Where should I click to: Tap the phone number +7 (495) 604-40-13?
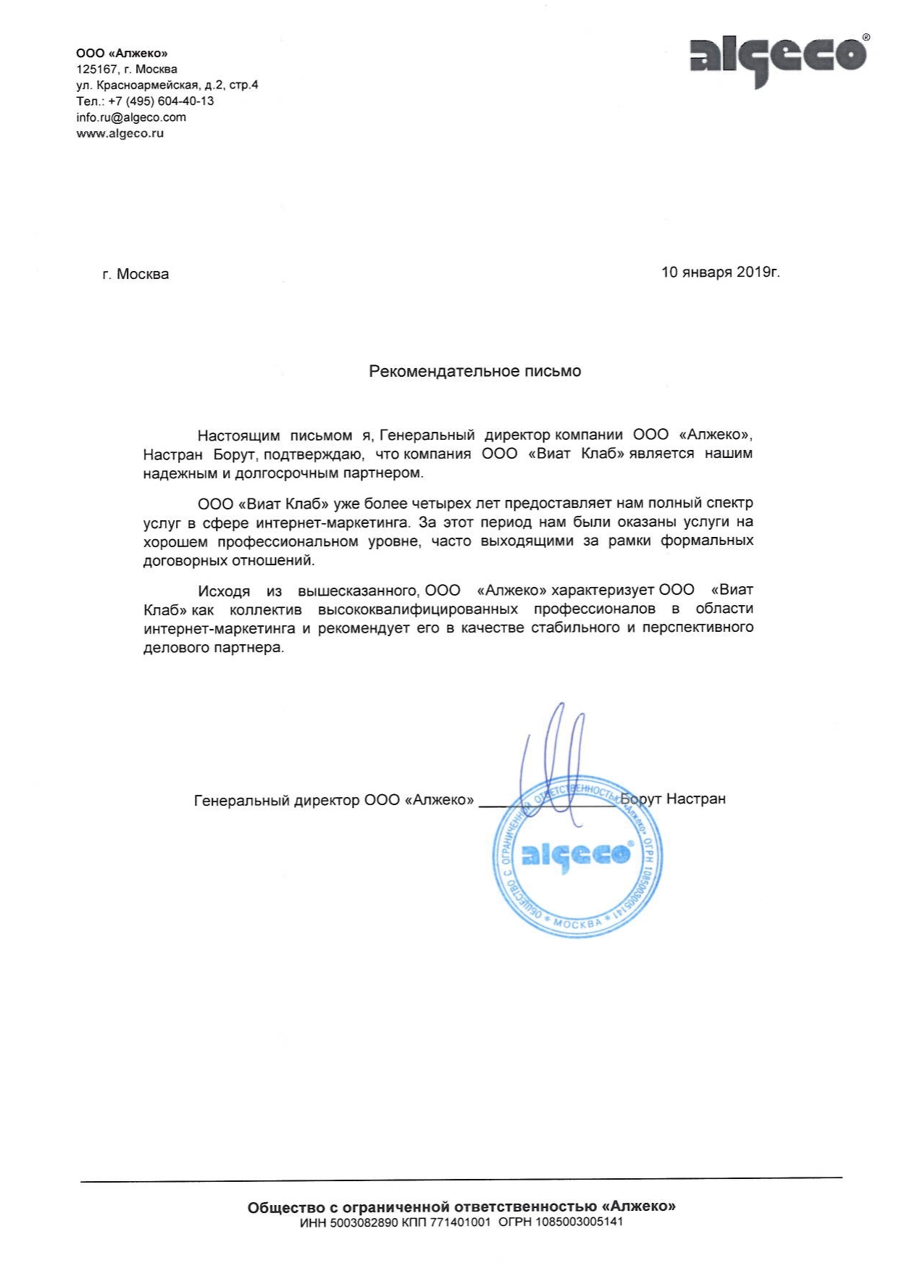coord(161,101)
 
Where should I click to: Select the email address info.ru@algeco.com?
coord(131,117)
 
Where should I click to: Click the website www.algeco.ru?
coord(120,133)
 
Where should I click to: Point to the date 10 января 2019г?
coord(720,272)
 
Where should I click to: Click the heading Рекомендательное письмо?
coord(474,372)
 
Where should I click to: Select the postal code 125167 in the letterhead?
coord(96,70)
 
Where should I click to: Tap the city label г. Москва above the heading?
coord(135,275)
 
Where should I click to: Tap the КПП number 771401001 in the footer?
coord(460,1222)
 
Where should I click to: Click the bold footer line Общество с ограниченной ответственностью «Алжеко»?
coord(461,1207)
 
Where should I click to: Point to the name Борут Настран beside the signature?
coord(674,799)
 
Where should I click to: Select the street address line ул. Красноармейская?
coord(167,86)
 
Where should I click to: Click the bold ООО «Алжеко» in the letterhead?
coord(122,54)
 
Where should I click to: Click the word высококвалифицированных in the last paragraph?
coord(418,609)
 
